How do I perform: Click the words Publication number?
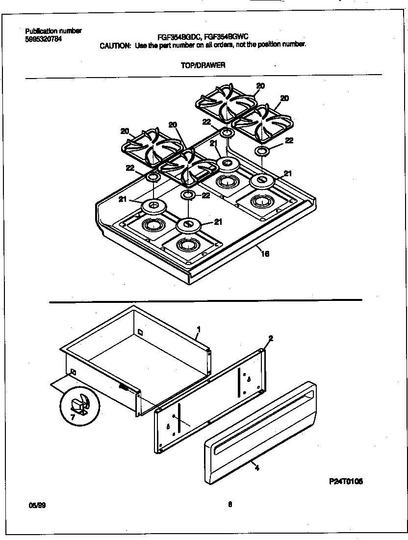[x=53, y=30]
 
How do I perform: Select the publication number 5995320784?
[x=43, y=39]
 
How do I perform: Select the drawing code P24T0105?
[x=345, y=482]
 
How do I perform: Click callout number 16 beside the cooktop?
[x=265, y=254]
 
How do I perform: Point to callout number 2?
[x=271, y=338]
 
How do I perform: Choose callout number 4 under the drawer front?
[x=256, y=468]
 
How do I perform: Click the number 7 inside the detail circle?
[x=73, y=417]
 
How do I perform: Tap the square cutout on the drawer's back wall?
[x=140, y=332]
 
